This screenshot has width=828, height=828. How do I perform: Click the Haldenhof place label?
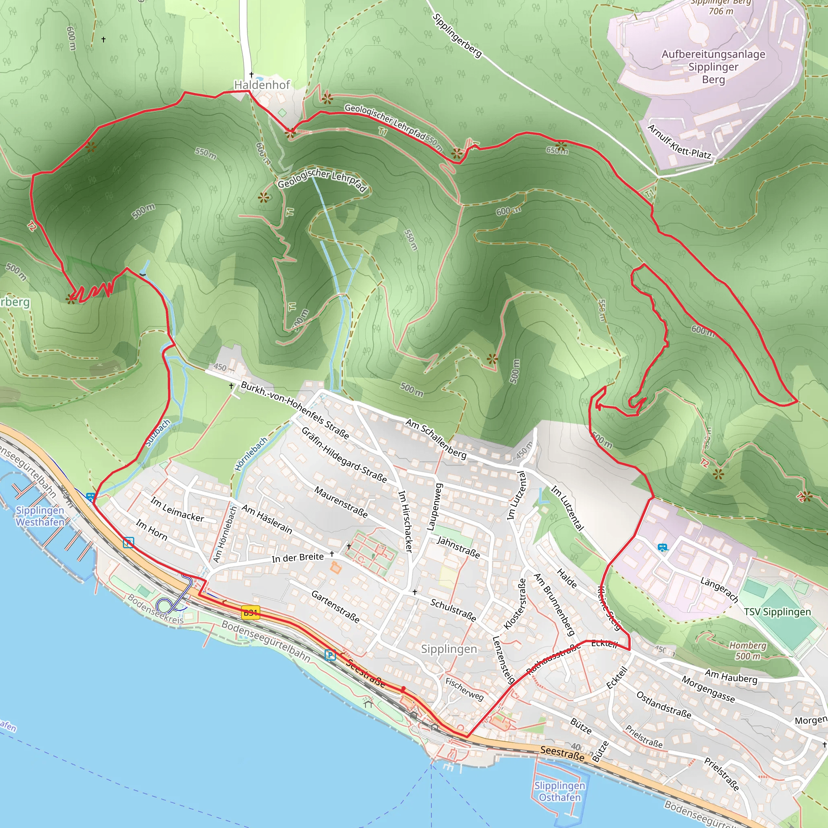262,85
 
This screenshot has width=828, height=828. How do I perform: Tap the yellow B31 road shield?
250,613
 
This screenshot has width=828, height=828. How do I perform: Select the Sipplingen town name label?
449,649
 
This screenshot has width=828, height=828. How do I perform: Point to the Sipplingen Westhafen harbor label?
40,516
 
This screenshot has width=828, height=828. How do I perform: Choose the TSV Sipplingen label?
777,612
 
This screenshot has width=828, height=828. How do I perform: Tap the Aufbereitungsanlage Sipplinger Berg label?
713,66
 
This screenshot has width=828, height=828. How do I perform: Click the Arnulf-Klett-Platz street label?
679,142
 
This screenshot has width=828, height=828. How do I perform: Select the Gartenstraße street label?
335,606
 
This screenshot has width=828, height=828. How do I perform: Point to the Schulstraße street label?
453,610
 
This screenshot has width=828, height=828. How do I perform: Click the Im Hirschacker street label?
406,521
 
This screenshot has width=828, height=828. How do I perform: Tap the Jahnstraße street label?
458,547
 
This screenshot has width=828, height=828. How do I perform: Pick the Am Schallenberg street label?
436,439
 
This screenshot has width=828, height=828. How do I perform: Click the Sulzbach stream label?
158,433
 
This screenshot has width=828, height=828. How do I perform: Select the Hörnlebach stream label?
251,454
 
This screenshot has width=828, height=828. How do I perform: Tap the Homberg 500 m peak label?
748,650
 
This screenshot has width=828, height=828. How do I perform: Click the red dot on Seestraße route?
403,689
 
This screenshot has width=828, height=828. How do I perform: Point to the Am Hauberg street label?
731,676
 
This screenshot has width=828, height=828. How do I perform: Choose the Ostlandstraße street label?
663,705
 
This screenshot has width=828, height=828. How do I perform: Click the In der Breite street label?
298,558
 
